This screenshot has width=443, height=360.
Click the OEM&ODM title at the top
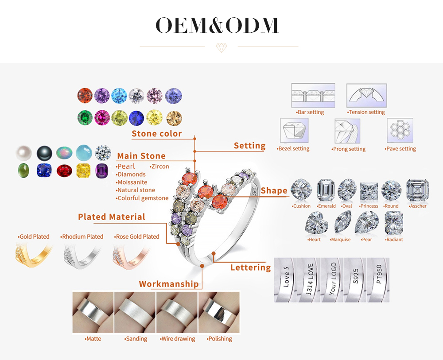pyautogui.click(x=217, y=26)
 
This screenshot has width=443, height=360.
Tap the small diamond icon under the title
pyautogui.click(x=221, y=47)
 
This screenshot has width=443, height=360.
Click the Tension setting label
pyautogui.click(x=366, y=112)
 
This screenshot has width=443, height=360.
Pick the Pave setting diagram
pyautogui.click(x=400, y=130)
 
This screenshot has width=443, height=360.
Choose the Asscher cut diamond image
pyautogui.click(x=417, y=190)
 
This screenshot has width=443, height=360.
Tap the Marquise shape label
pyautogui.click(x=340, y=240)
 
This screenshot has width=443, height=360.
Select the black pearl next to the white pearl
pyautogui.click(x=44, y=153)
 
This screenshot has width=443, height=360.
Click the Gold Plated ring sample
pyautogui.click(x=33, y=256)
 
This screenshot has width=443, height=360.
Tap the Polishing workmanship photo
pyautogui.click(x=219, y=312)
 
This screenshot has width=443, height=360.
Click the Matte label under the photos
pyautogui.click(x=93, y=339)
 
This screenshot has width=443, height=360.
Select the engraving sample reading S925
pyautogui.click(x=356, y=280)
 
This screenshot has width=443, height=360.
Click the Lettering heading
pyautogui.click(x=250, y=267)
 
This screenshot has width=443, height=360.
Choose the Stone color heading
pyautogui.click(x=157, y=134)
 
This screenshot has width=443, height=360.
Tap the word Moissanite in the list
pyautogui.click(x=132, y=182)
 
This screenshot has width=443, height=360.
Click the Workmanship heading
pyautogui.click(x=169, y=284)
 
